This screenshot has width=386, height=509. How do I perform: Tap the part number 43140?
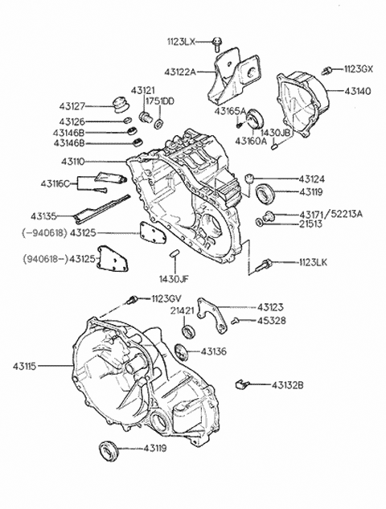click(358, 92)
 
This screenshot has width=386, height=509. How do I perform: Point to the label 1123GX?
click(358, 70)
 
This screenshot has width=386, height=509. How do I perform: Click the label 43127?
click(72, 105)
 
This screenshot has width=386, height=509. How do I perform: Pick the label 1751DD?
click(159, 101)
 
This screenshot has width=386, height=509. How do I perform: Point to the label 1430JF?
click(175, 277)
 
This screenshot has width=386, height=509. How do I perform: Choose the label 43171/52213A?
click(331, 215)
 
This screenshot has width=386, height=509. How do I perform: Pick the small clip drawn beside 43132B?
click(240, 384)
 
